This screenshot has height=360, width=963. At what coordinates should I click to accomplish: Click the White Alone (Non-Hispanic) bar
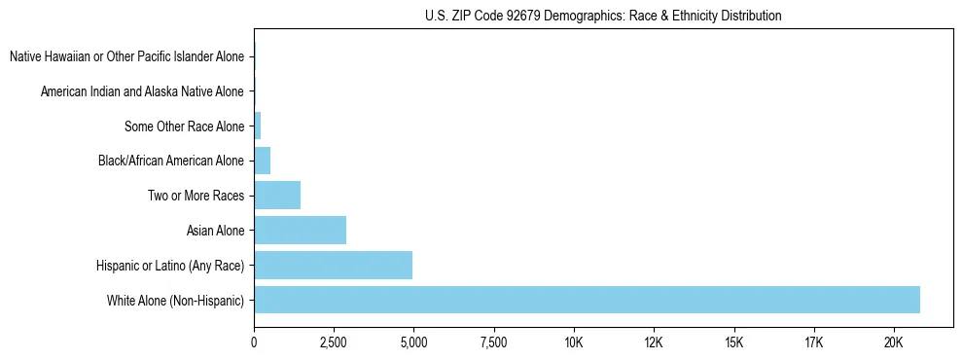(587, 300)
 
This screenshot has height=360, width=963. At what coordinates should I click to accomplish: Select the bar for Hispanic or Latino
(333, 265)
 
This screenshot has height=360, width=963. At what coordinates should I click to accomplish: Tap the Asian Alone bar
(300, 230)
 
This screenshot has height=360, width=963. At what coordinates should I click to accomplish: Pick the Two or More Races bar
(277, 195)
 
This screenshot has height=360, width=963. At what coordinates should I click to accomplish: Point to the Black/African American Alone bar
(262, 161)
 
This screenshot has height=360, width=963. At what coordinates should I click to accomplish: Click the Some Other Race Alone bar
(258, 126)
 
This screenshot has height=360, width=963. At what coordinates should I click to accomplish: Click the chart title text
(603, 16)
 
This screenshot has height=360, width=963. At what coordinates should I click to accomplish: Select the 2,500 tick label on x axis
(334, 342)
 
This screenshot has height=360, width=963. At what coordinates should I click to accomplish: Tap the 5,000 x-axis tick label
(413, 342)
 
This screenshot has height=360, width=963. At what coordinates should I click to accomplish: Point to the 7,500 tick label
(493, 342)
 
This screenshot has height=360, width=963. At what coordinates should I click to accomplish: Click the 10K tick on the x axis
(573, 342)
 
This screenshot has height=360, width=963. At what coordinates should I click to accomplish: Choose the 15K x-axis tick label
(733, 342)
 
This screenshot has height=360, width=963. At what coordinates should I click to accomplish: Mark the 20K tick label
(893, 342)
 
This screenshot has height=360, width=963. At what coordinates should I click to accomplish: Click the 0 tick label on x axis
(254, 342)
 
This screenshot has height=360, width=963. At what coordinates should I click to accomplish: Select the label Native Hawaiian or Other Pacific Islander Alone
(126, 56)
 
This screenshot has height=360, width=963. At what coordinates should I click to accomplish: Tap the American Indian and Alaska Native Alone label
(142, 91)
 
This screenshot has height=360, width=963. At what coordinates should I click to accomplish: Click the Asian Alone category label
(215, 231)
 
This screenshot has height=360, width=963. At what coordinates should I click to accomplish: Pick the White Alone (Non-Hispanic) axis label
(175, 301)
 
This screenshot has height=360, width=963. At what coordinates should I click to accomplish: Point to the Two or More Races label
(196, 196)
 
